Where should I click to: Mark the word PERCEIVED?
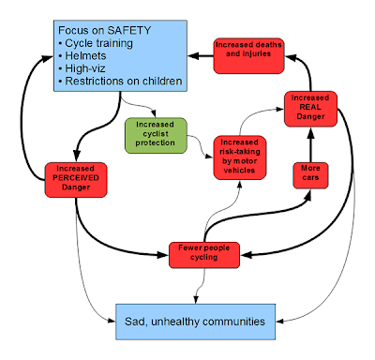pos(79,179)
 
